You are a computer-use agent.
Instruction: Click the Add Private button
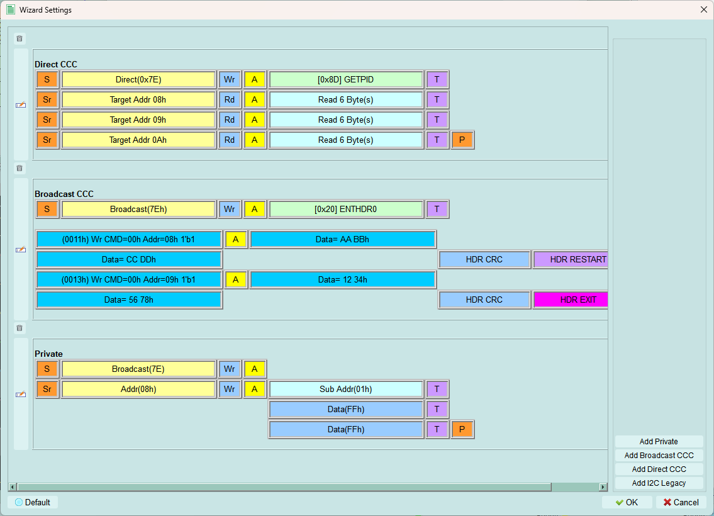(659, 441)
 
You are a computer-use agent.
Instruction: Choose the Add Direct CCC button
(659, 469)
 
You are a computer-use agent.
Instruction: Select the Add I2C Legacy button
(659, 483)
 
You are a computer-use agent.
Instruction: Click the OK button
(627, 502)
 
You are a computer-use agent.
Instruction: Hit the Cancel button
(681, 502)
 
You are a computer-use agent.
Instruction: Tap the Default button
(33, 502)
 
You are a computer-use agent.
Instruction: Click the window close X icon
(703, 9)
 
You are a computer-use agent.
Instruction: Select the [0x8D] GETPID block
(345, 80)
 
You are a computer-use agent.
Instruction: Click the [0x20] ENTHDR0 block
(345, 210)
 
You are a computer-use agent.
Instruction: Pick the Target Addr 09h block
(138, 120)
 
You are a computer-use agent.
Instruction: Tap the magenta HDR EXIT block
(571, 300)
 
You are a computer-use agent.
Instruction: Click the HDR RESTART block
(571, 260)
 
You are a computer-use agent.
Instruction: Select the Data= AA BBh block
(342, 240)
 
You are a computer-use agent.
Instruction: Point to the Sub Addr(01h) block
(345, 390)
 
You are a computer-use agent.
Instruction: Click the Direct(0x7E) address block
(138, 80)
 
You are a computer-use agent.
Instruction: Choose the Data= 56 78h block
(129, 300)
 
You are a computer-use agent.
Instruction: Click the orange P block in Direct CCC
(462, 140)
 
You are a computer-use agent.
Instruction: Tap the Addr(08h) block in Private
(138, 390)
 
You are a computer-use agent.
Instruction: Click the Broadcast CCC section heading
(64, 194)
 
